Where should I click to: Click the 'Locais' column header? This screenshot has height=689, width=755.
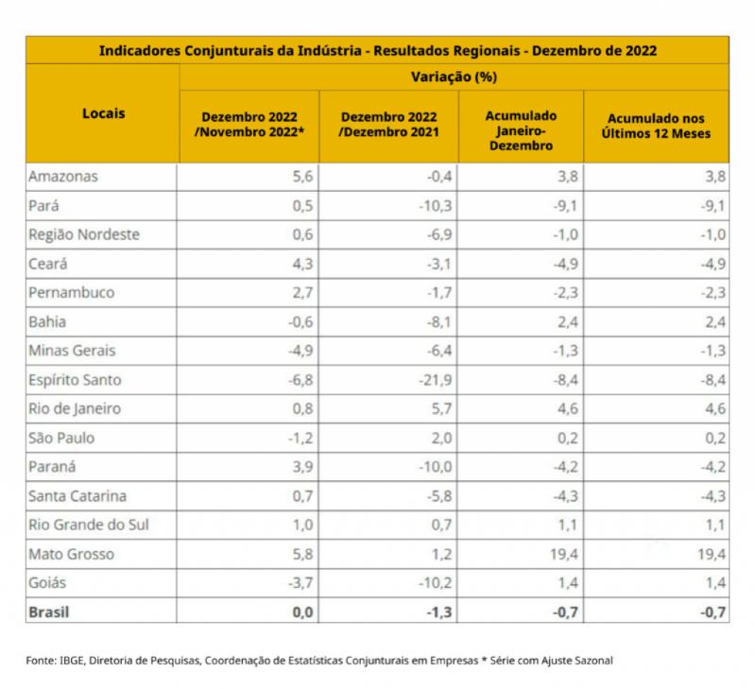point(104,113)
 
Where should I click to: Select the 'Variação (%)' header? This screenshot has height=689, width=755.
point(454,78)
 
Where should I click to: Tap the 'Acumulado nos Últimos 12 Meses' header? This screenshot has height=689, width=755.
point(656,126)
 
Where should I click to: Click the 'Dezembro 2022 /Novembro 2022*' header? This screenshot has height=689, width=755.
point(249,125)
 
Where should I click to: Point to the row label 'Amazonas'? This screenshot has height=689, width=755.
point(63,177)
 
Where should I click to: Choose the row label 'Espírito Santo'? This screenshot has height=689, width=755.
point(75,380)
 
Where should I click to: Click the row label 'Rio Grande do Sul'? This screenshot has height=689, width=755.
point(89,525)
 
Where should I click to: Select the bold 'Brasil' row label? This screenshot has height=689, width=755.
point(49,611)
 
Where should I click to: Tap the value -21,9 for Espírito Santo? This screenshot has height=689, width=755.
point(436,380)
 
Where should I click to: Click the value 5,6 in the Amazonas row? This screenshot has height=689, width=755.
point(303,177)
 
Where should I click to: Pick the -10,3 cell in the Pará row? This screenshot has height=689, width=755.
point(436,206)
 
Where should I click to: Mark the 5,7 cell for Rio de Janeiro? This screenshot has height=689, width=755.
point(441,409)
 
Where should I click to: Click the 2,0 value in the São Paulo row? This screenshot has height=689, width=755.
point(441,439)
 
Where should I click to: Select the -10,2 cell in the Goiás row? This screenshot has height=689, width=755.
point(436,583)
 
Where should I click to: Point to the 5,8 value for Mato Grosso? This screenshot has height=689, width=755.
point(303,554)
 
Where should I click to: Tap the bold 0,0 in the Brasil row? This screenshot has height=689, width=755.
point(303,611)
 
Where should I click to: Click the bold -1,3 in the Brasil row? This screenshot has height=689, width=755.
point(439,611)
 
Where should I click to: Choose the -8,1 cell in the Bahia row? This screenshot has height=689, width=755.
point(439,321)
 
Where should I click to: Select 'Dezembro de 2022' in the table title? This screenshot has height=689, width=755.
point(594,50)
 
